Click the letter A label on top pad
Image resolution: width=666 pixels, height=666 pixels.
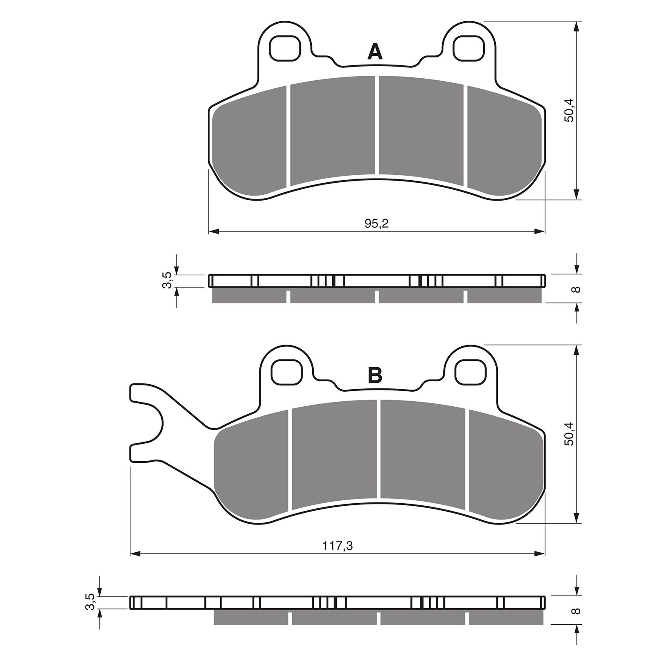tap(375, 53)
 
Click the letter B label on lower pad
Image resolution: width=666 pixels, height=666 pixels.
tap(375, 376)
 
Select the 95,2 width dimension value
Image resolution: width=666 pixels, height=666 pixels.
tap(376, 224)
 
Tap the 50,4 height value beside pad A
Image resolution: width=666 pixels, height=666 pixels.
tap(569, 110)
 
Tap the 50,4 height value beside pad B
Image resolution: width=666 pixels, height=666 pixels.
tap(569, 434)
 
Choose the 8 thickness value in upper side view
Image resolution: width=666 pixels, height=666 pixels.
tap(577, 289)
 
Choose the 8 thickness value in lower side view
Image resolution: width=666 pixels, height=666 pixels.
tap(577, 611)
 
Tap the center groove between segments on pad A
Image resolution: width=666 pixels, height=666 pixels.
tap(377, 125)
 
